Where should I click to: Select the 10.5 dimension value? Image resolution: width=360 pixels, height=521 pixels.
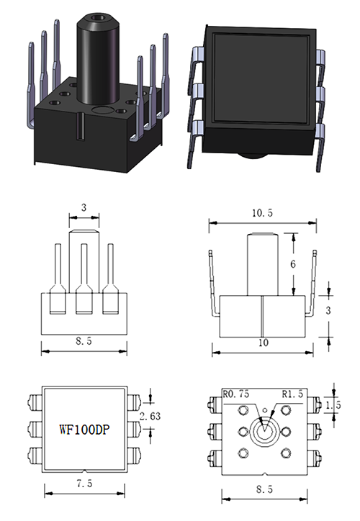[x=262, y=214]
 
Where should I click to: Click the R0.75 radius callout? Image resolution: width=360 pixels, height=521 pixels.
[x=235, y=394]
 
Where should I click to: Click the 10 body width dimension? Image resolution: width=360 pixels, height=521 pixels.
[x=262, y=343]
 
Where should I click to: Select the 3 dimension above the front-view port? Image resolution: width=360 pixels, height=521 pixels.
[x=84, y=208]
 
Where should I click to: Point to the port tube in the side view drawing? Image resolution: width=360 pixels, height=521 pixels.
[x=262, y=263]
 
